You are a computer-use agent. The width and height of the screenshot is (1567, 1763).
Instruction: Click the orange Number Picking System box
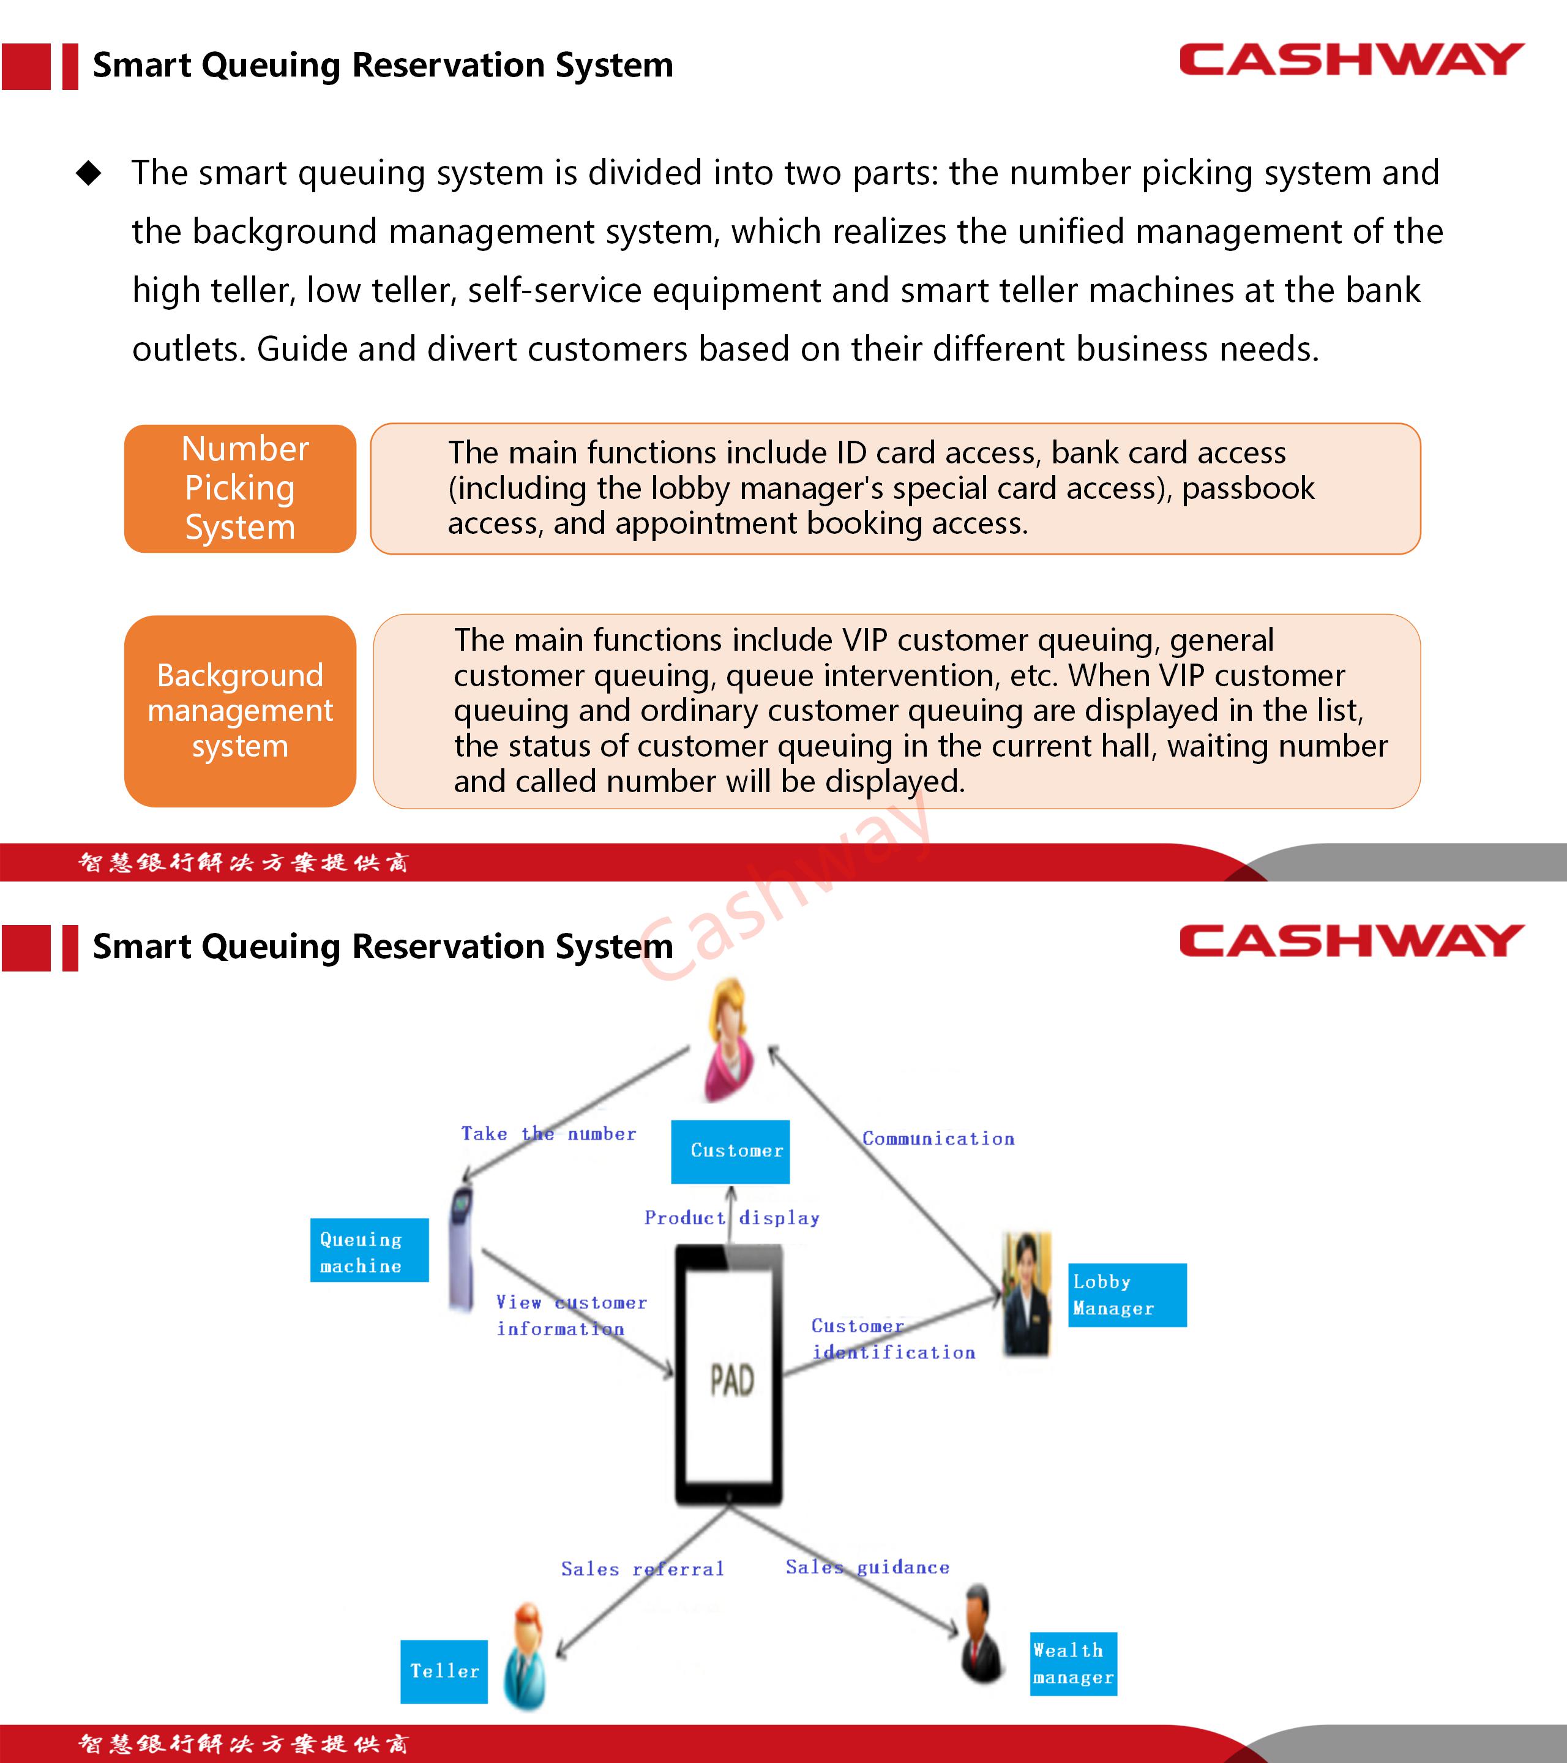point(240,488)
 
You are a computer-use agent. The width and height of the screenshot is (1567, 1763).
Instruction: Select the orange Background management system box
point(240,711)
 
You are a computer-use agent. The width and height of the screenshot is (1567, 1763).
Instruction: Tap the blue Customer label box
point(730,1151)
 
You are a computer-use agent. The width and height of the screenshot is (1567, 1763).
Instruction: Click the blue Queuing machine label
point(369,1250)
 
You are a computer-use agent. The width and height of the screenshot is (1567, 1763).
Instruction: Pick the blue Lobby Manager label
point(1126,1295)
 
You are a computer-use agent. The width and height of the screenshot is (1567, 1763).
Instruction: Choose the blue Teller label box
point(444,1671)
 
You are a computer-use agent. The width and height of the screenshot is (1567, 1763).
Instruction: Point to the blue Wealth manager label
point(1073,1663)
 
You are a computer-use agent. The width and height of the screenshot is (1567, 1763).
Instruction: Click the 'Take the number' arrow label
point(548,1133)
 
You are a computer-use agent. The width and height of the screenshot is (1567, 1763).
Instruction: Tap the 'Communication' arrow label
point(938,1139)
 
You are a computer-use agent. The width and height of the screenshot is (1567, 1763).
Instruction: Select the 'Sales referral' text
point(643,1568)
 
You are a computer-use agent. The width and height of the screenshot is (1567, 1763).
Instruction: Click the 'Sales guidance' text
point(867,1566)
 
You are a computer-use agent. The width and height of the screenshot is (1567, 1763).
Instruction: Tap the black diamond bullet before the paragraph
point(89,173)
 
